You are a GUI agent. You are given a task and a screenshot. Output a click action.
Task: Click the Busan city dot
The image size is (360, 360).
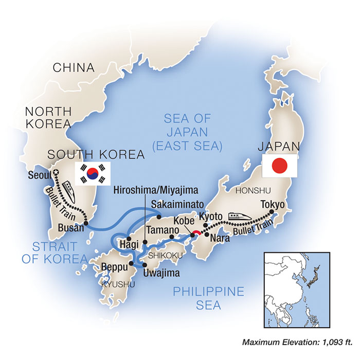tap(85, 224)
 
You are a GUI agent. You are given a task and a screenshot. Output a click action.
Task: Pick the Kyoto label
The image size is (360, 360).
tap(210, 218)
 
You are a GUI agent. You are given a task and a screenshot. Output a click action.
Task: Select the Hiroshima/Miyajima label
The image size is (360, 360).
tap(152, 190)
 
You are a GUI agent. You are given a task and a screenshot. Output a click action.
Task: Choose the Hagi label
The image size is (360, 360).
tap(126, 244)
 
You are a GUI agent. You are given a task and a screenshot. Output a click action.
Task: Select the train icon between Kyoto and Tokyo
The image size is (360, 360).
tap(238, 213)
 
